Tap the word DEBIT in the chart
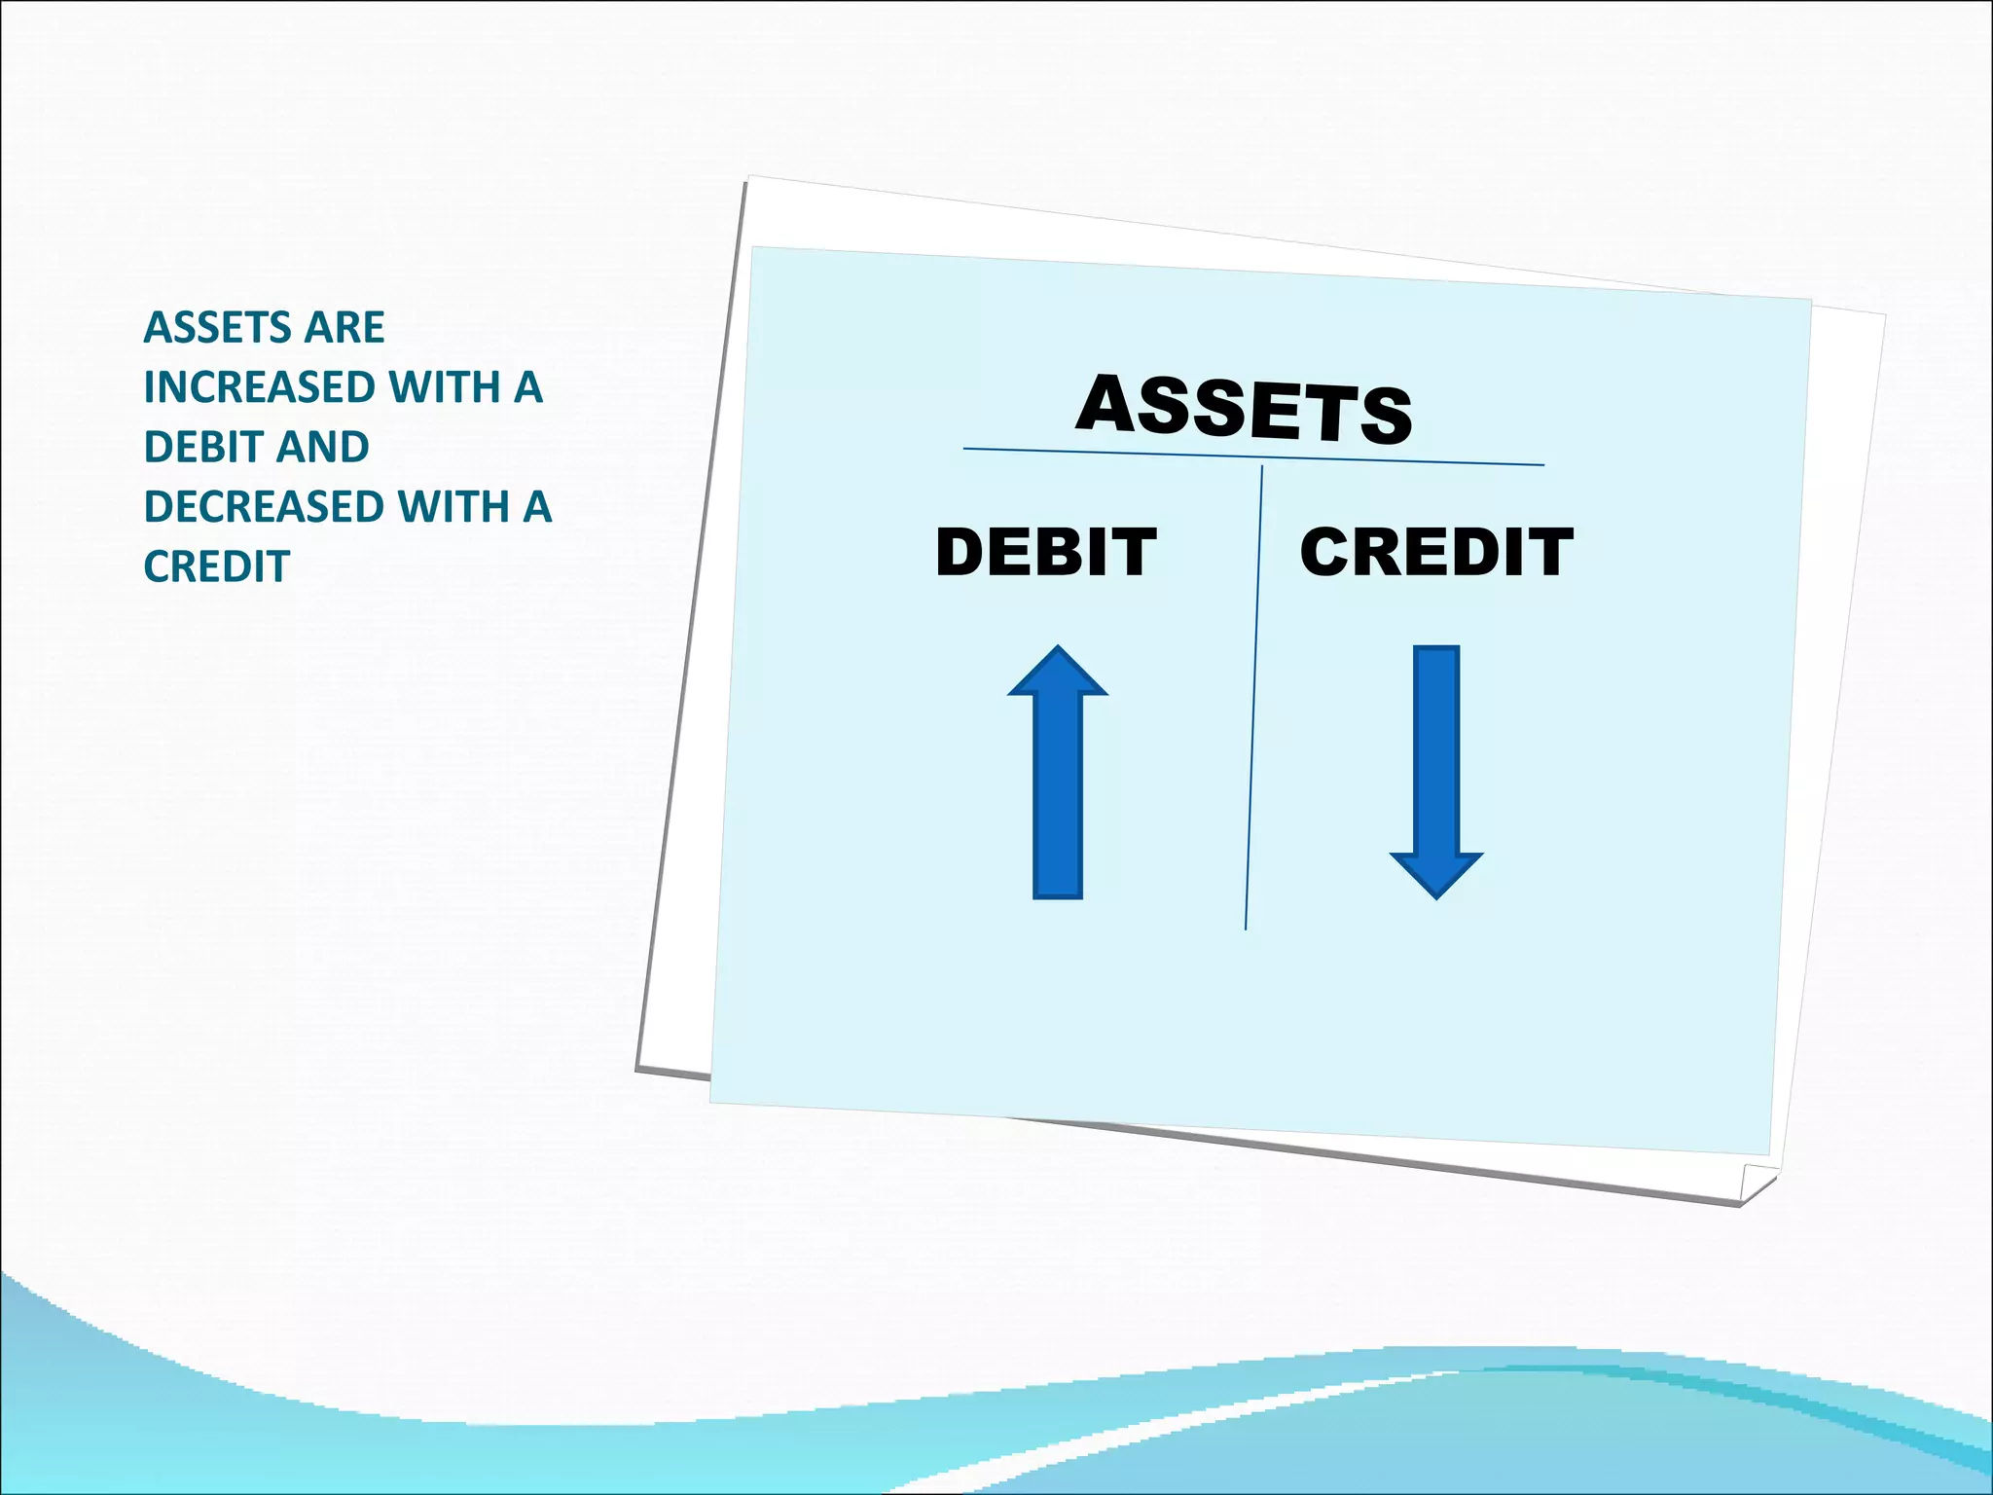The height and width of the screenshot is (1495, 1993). pos(1046,552)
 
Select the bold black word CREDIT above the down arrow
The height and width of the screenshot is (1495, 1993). pos(1436,552)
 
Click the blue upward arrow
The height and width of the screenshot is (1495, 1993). pos(1058,779)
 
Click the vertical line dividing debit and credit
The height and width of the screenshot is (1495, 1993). pos(1254,701)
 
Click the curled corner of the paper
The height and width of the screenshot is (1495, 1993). pos(1757,1182)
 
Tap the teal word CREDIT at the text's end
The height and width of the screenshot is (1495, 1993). pos(216,566)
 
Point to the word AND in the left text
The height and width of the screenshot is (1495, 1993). pos(323,448)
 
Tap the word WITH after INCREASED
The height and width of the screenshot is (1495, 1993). pos(445,387)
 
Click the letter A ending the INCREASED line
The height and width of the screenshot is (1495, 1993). pos(528,387)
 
